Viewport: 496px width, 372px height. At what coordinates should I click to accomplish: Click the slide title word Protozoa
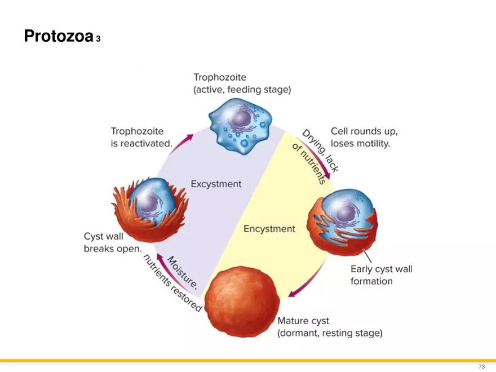[x=58, y=37]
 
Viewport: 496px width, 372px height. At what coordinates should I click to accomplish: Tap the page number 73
[x=481, y=366]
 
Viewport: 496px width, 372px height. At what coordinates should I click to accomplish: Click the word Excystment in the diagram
[x=216, y=184]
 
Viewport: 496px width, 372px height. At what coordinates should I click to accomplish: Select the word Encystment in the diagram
[x=269, y=229]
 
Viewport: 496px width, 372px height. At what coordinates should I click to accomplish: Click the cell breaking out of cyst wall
[x=149, y=206]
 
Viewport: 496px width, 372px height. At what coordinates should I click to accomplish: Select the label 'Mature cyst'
[x=303, y=321]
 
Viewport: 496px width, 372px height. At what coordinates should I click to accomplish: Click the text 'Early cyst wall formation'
[x=381, y=275]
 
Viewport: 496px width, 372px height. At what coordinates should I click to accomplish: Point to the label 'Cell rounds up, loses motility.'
[x=364, y=138]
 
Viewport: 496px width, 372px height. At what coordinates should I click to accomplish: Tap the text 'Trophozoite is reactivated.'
[x=141, y=138]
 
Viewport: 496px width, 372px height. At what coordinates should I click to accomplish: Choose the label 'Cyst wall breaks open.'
[x=113, y=243]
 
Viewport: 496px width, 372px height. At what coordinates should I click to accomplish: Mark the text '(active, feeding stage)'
[x=242, y=90]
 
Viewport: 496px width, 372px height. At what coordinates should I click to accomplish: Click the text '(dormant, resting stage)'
[x=330, y=333]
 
